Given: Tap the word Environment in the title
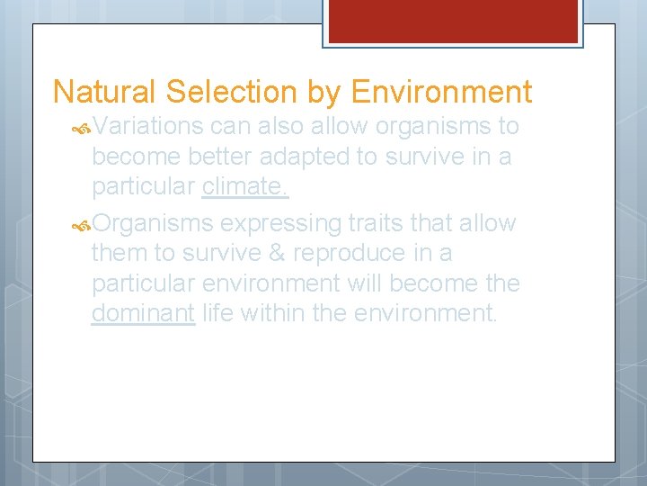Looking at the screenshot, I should pos(441,93).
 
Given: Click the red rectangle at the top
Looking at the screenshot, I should pos(451,21).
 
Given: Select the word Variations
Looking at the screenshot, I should pos(148,126).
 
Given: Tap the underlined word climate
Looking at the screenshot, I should pos(245,187).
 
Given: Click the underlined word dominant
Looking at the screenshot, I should pos(143,314).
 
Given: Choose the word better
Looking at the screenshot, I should pos(220,157).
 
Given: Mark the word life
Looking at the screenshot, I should pos(217,314).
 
